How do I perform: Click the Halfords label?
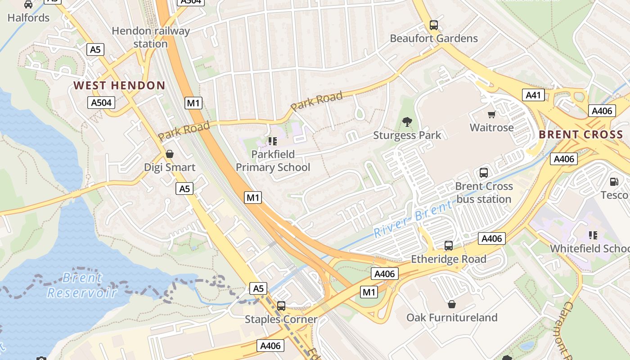[28, 18]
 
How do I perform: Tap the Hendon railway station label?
[151, 37]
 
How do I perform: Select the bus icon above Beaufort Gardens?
[434, 25]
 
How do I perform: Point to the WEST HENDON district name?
[119, 85]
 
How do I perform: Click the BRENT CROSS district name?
[580, 135]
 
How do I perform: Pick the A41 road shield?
[533, 95]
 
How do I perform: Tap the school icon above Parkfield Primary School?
[273, 141]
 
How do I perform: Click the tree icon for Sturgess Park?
[407, 121]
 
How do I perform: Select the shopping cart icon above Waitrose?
[491, 115]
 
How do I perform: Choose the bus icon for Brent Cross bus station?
[484, 173]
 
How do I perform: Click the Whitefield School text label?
[589, 248]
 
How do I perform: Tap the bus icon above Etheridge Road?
[449, 246]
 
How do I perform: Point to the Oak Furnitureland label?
[452, 318]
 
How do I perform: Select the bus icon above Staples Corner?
[281, 306]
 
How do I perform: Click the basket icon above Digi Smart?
[170, 154]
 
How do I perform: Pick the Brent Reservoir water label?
[82, 285]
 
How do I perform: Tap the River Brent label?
[413, 219]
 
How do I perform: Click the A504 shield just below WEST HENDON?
[101, 103]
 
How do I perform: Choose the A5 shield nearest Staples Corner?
[259, 288]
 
